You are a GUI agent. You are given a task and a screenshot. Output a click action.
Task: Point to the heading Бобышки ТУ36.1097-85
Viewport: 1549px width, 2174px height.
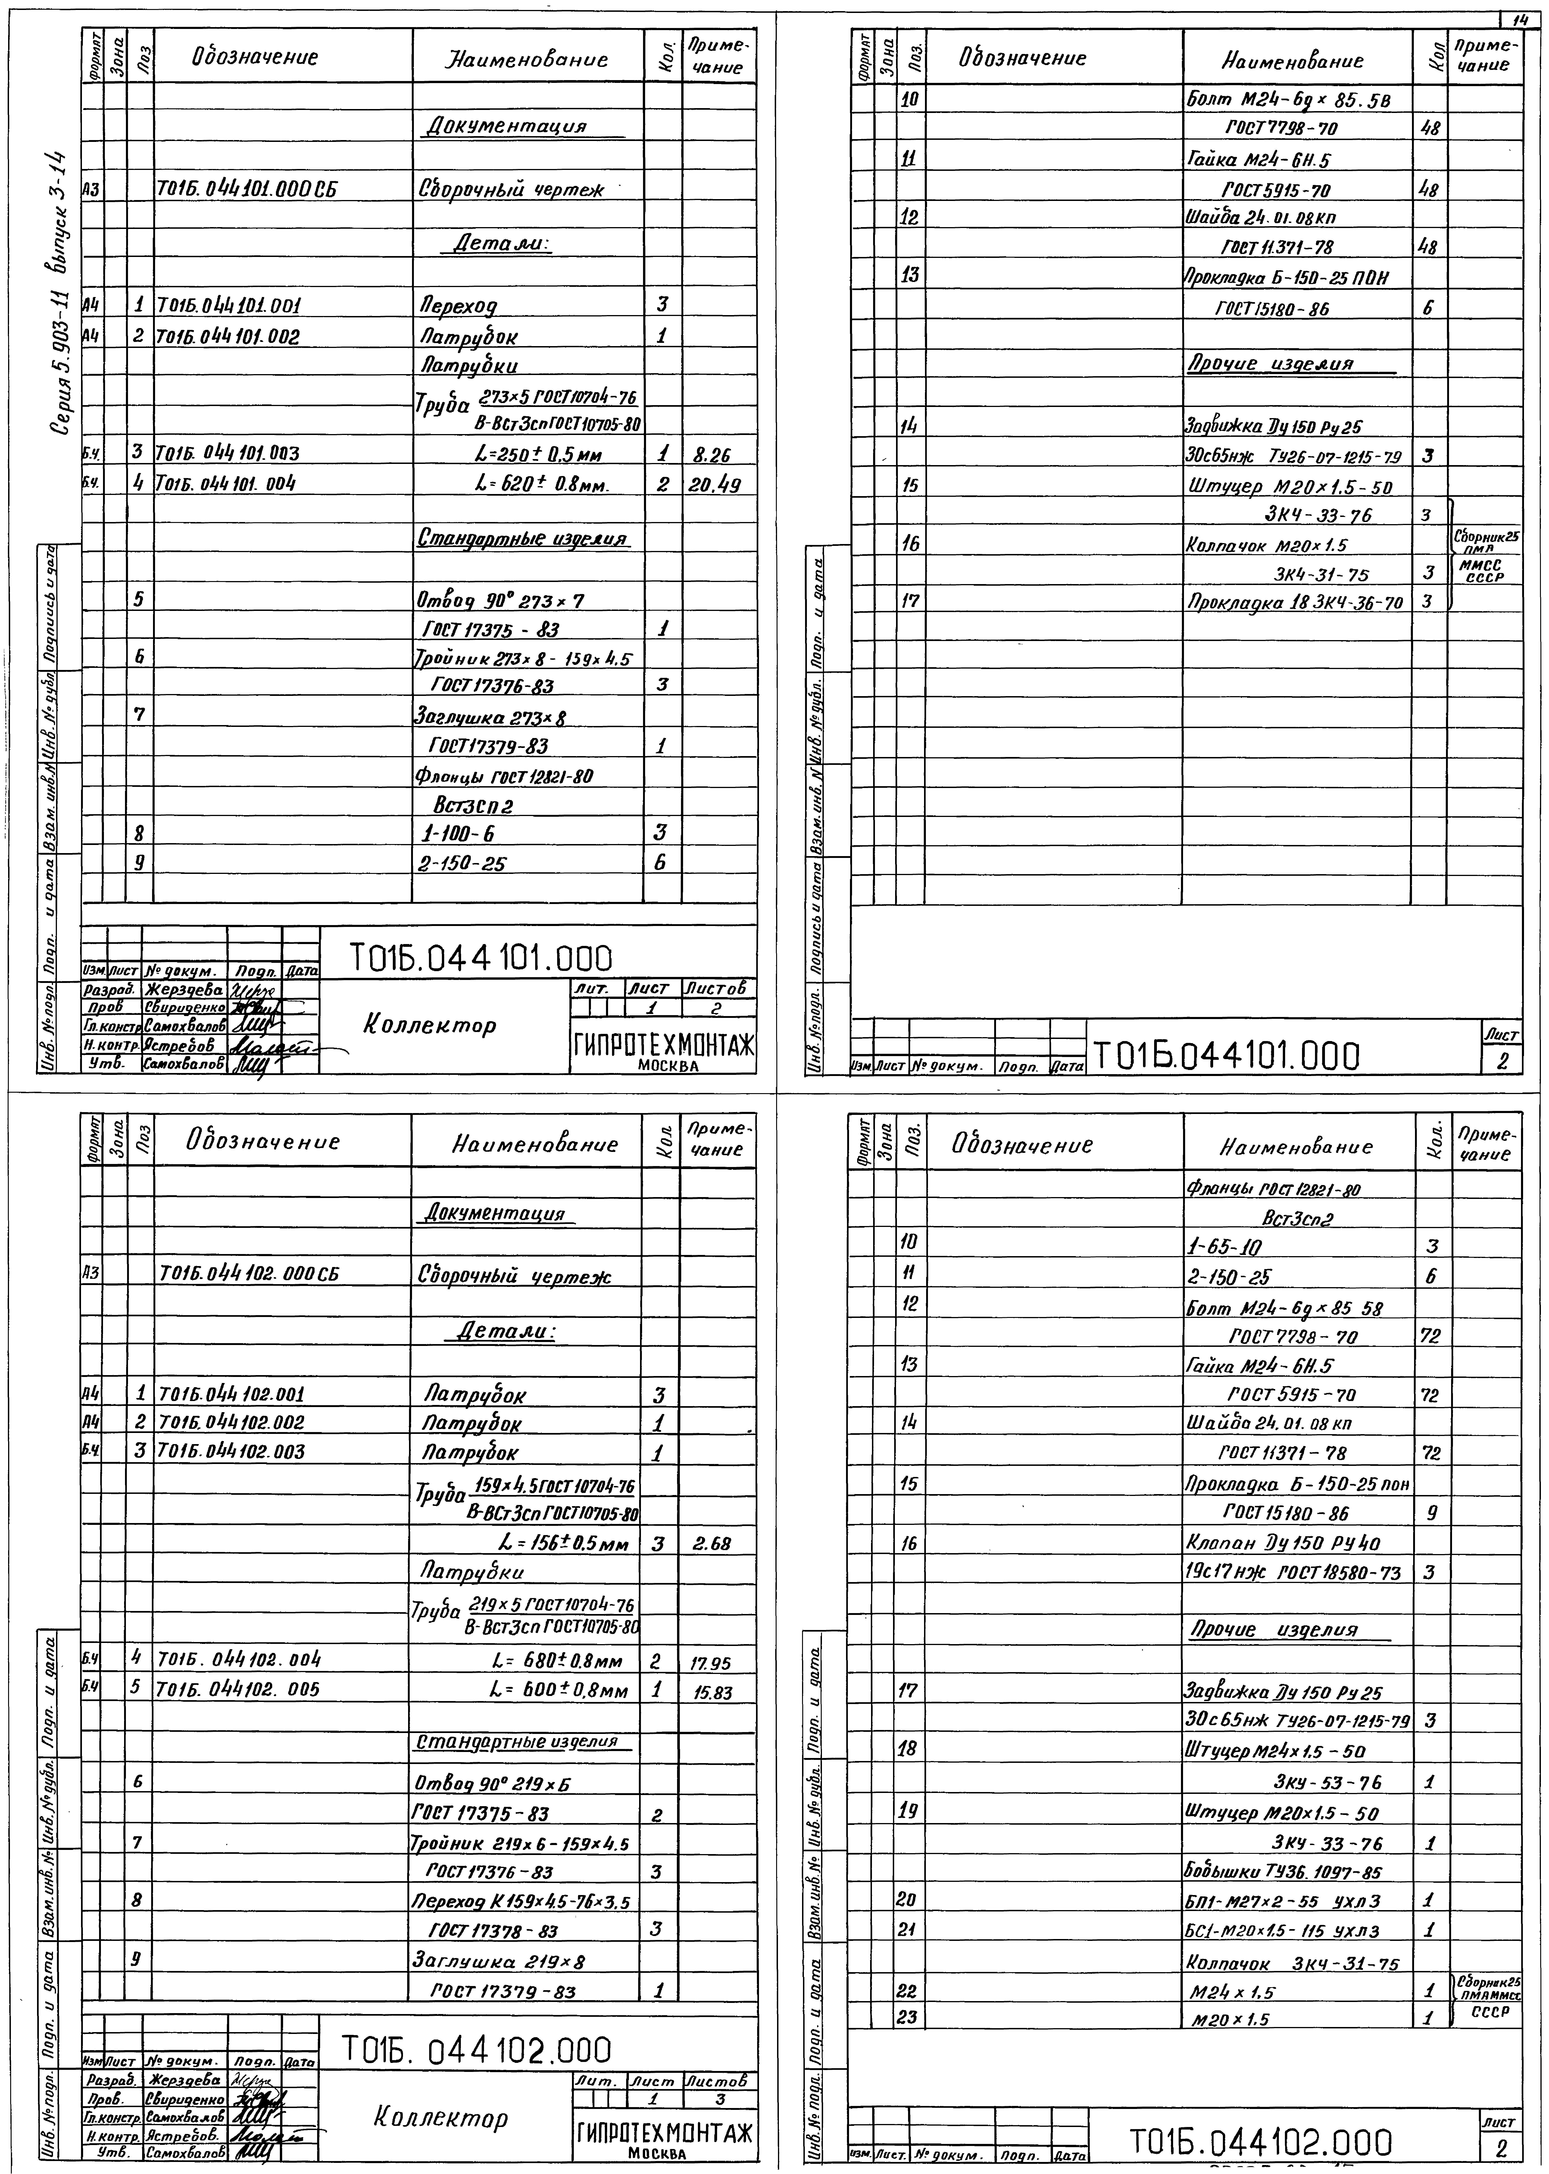[x=1283, y=1871]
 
